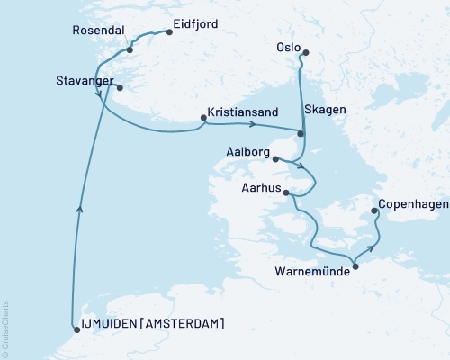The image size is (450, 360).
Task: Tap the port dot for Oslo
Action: (x=304, y=52)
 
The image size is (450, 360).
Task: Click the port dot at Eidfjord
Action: (x=167, y=32)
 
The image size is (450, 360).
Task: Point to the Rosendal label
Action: (x=97, y=31)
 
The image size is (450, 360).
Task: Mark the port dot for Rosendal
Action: (x=130, y=50)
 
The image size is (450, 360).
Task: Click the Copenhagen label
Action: (x=413, y=204)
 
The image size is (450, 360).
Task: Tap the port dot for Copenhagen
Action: (x=377, y=213)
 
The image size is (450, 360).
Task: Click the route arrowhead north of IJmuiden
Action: (x=81, y=208)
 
